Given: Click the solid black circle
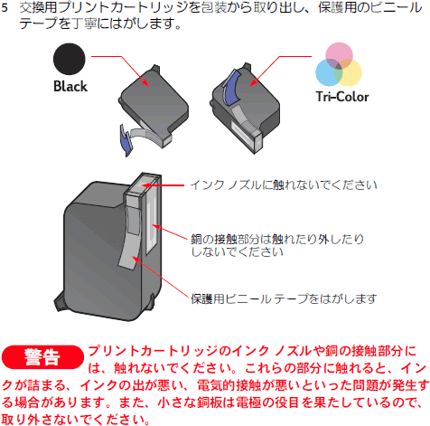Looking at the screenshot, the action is point(70,59).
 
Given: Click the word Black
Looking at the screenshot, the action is point(70,87).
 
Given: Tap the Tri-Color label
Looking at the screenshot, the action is point(342,97).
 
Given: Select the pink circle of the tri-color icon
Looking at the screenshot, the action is point(339,56).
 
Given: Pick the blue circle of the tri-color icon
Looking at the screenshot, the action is point(329,72).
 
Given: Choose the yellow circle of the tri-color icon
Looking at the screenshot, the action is point(348,72).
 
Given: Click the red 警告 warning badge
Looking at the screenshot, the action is point(42,357).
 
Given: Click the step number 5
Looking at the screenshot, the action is point(5,8).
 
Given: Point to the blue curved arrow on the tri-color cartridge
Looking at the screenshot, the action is point(230,88).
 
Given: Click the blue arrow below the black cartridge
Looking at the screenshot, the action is point(126,140).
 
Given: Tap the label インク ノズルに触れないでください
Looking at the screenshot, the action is point(284,185).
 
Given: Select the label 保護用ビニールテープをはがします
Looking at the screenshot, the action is point(284,298).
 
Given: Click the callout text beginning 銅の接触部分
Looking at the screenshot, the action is point(277,245).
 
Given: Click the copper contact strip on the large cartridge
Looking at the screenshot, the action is point(152,225).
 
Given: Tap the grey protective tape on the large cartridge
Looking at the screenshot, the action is point(130,238).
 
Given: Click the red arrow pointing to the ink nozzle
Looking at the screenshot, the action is point(163,185).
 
